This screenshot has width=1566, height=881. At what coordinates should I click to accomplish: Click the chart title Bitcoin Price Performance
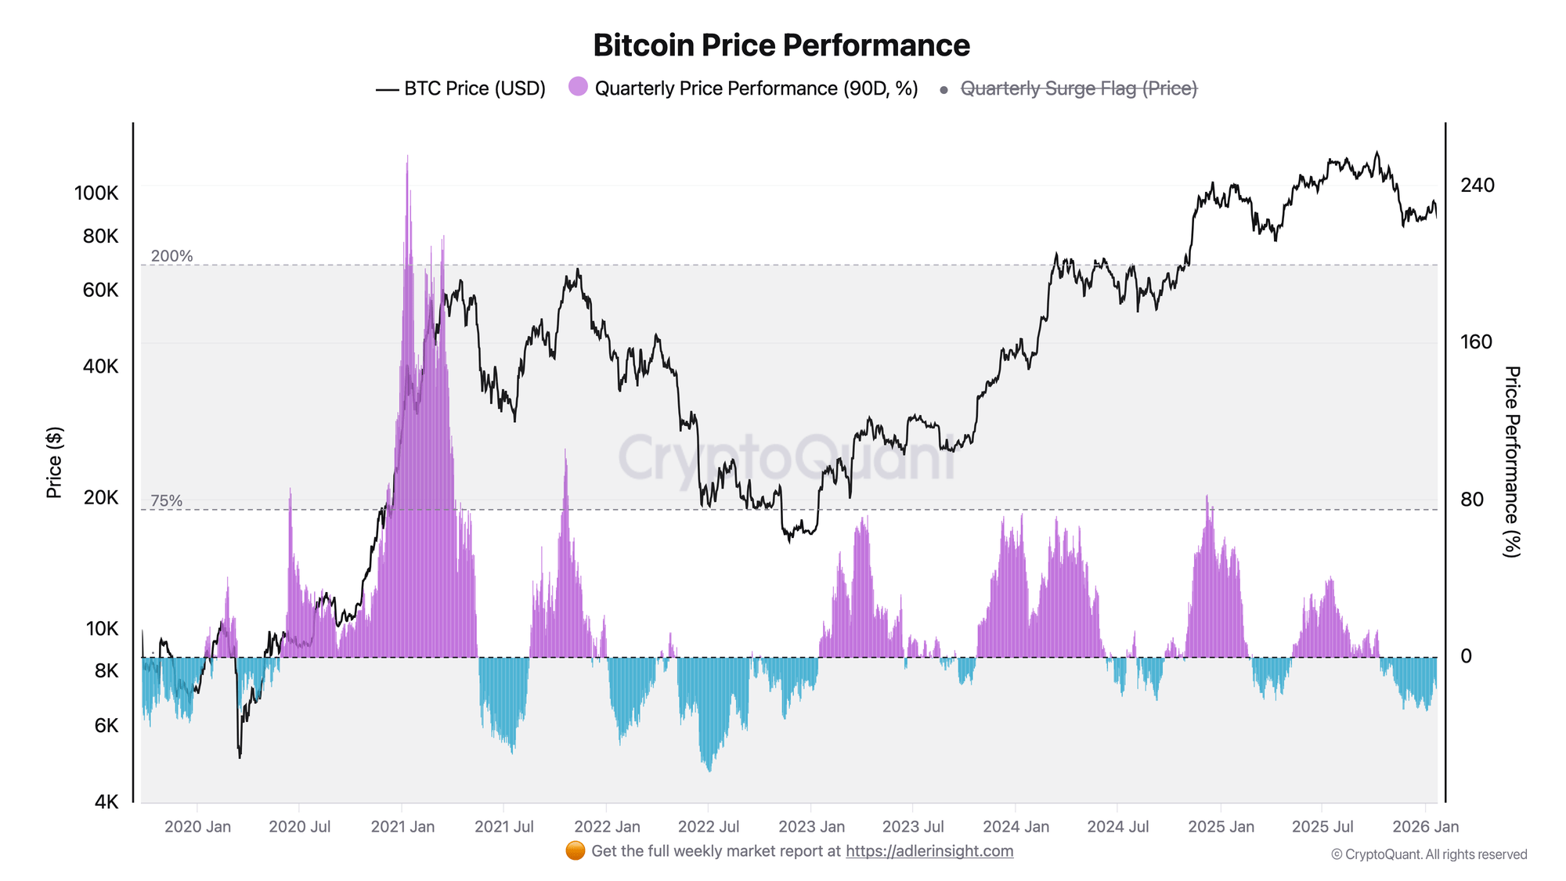(x=781, y=45)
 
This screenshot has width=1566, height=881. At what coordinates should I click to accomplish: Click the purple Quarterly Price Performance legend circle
(x=578, y=87)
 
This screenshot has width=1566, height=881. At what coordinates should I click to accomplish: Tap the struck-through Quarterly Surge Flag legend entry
(x=1078, y=88)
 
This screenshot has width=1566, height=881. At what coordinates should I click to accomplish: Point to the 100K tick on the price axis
(x=96, y=193)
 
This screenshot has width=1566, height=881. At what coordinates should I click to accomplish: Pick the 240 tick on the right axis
(x=1477, y=186)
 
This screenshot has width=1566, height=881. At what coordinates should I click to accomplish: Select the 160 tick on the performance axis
(x=1476, y=342)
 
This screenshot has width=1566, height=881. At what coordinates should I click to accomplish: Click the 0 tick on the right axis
(x=1467, y=656)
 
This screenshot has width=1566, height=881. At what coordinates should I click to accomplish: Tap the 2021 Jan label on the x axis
(x=402, y=827)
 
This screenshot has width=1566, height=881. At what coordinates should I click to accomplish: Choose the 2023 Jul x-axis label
(x=913, y=827)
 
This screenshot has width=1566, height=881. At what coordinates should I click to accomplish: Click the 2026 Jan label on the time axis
(x=1426, y=827)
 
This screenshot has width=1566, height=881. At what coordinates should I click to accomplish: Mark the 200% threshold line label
(x=171, y=256)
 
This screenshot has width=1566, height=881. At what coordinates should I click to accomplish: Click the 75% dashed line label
(x=166, y=500)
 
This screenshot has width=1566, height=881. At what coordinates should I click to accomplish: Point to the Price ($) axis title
(x=54, y=463)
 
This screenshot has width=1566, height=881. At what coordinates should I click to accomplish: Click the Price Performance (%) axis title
(x=1511, y=462)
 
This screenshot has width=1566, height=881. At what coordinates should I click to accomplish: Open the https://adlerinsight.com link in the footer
(x=929, y=851)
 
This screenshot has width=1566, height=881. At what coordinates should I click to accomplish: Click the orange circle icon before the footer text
(x=576, y=850)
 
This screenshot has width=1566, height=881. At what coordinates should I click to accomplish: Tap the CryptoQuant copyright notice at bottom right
(x=1428, y=854)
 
